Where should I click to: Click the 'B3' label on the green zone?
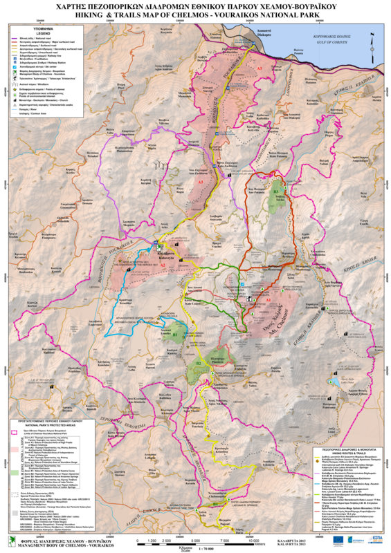click(275, 191)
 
